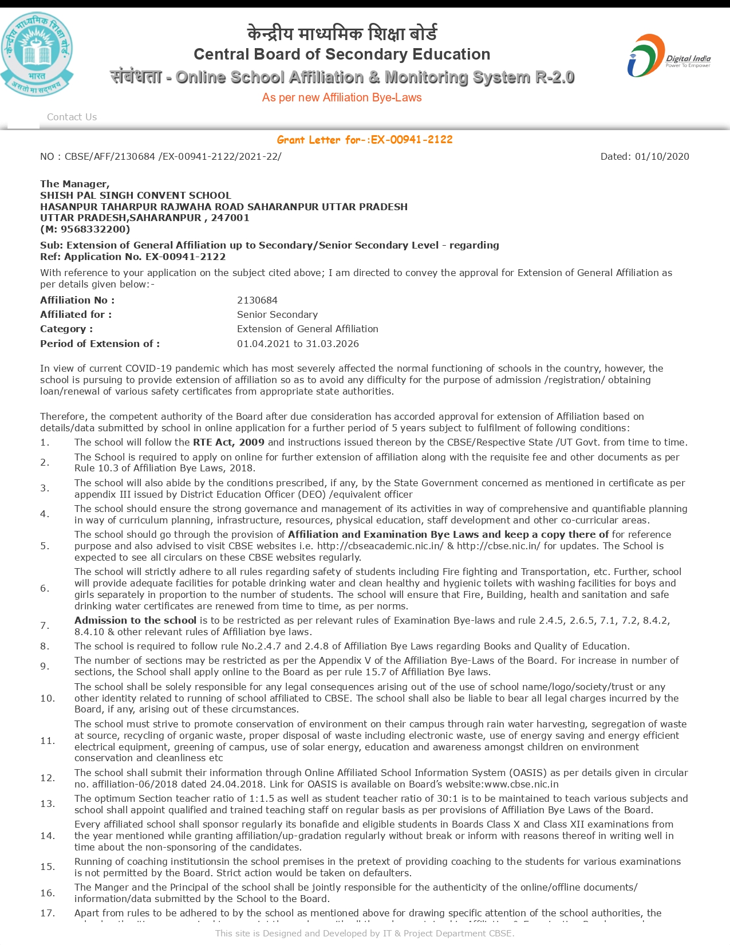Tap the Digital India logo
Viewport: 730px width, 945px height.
click(x=668, y=56)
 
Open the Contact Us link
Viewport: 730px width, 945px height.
click(x=72, y=117)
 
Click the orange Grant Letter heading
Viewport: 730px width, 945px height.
click(x=365, y=140)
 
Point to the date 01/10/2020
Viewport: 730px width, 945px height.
click(x=662, y=156)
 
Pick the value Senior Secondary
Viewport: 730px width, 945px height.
click(x=277, y=314)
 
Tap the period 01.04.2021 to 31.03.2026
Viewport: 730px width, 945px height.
click(x=298, y=344)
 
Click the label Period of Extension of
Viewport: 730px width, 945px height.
click(x=100, y=344)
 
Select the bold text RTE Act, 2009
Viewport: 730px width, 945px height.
click(x=228, y=442)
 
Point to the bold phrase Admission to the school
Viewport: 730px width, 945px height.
click(x=135, y=620)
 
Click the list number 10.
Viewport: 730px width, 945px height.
click(x=48, y=698)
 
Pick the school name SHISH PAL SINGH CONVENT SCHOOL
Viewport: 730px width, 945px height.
click(x=136, y=195)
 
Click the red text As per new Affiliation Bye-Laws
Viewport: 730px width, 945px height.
click(x=342, y=97)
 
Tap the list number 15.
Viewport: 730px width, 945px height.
click(x=48, y=867)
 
